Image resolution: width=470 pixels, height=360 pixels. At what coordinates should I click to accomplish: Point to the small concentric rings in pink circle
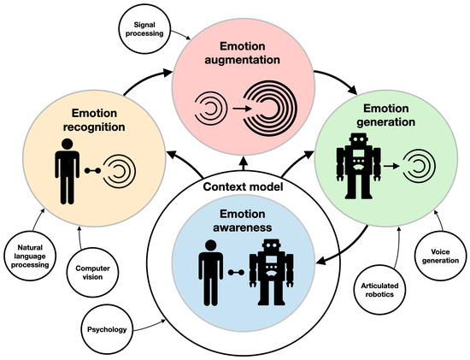click(210, 109)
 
